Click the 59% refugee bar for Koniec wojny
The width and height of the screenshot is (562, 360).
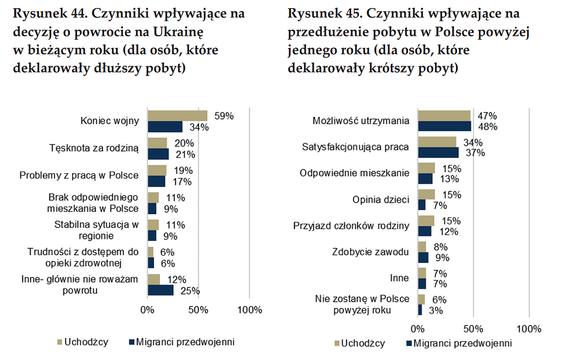click(177, 116)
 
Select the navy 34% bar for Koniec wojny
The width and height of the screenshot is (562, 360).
click(165, 126)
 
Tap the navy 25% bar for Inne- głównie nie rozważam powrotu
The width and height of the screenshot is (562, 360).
click(160, 290)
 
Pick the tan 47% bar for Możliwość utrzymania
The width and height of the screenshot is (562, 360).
click(444, 115)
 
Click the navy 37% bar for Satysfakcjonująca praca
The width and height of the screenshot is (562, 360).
click(438, 153)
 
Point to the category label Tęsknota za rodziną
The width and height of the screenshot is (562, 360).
click(94, 148)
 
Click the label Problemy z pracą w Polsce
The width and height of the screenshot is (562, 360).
click(79, 176)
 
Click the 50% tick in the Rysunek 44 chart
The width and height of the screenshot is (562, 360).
click(198, 310)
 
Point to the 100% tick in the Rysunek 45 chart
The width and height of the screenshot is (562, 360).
click(529, 327)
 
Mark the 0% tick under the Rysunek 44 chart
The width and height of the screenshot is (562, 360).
click(148, 310)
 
